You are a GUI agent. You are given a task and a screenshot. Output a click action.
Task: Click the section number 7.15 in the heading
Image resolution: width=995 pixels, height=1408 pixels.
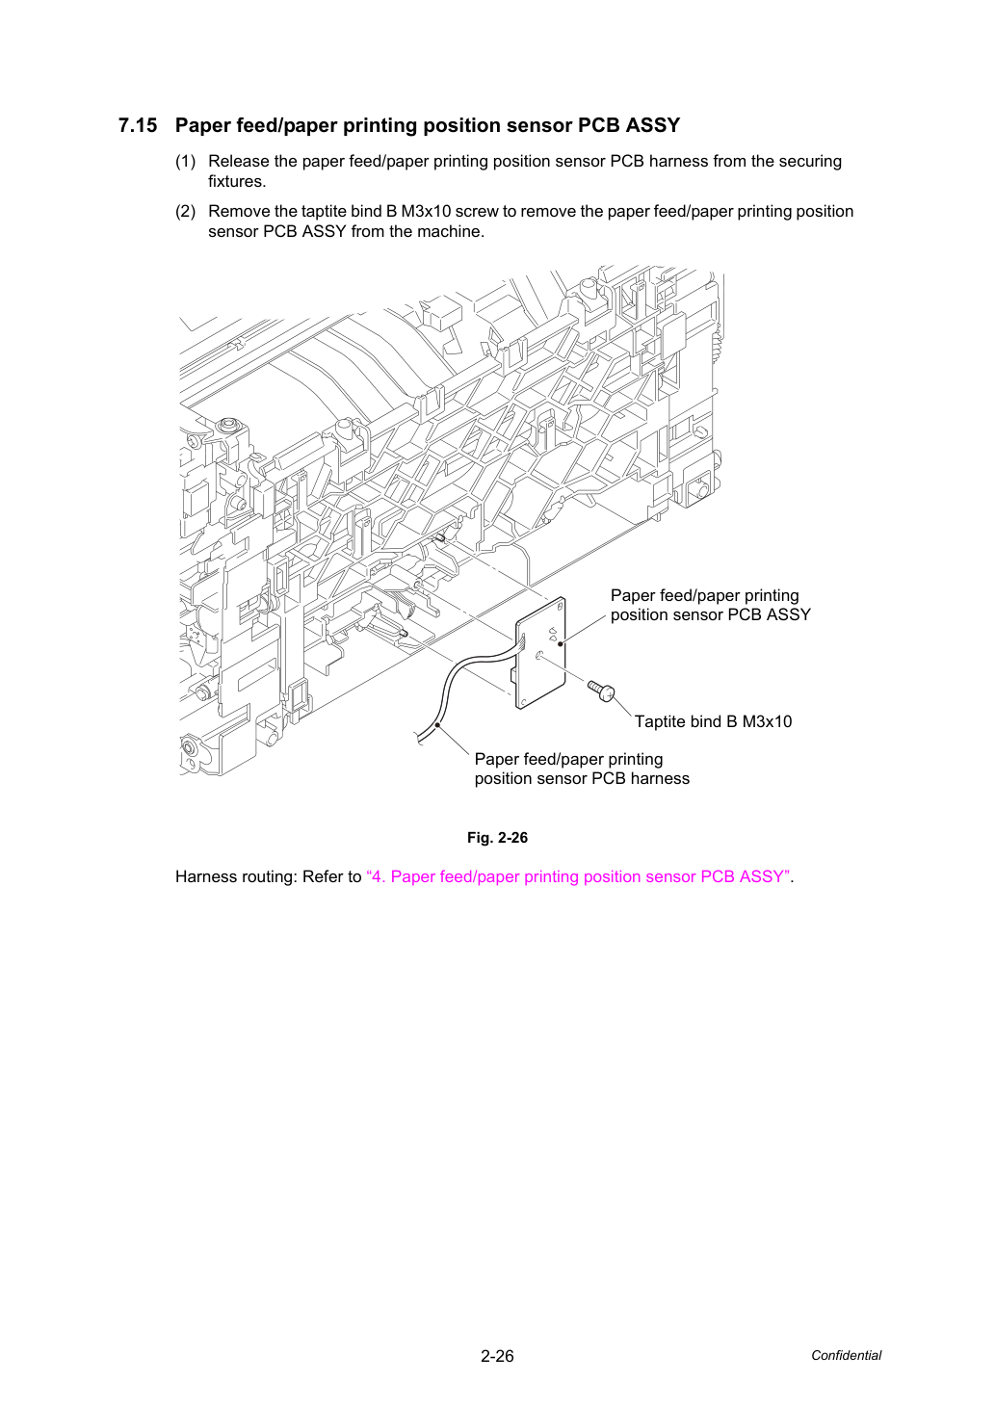pyautogui.click(x=138, y=125)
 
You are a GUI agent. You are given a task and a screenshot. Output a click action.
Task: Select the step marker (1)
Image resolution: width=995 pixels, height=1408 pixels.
pyautogui.click(x=186, y=162)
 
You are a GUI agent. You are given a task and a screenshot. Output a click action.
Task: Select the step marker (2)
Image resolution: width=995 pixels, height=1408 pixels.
pyautogui.click(x=186, y=211)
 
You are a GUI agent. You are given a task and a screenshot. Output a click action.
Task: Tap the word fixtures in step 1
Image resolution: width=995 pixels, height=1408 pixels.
pyautogui.click(x=237, y=182)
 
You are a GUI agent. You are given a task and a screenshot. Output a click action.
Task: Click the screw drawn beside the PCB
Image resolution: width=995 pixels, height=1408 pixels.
pyautogui.click(x=601, y=691)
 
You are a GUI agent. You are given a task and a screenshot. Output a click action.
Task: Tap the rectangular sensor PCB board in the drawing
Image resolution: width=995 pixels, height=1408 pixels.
pyautogui.click(x=540, y=654)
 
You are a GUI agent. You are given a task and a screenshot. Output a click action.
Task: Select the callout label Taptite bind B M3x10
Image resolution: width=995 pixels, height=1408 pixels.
pyautogui.click(x=713, y=721)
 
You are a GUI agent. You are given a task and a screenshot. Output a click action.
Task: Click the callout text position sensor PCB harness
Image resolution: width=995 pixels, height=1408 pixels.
pyautogui.click(x=582, y=779)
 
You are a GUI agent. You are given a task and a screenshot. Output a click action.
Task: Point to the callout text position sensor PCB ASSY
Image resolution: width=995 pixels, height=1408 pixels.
pyautogui.click(x=710, y=614)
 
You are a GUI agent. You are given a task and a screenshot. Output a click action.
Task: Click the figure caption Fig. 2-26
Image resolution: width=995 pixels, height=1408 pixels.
pyautogui.click(x=497, y=838)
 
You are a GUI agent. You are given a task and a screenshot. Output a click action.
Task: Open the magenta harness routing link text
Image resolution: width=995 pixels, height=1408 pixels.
pyautogui.click(x=578, y=876)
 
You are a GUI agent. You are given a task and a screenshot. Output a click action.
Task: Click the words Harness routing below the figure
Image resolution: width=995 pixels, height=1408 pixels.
pyautogui.click(x=236, y=876)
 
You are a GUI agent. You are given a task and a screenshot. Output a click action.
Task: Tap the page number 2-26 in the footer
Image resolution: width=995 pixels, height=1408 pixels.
pyautogui.click(x=497, y=1356)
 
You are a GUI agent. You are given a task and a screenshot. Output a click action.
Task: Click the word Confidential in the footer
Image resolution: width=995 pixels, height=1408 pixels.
pyautogui.click(x=846, y=1356)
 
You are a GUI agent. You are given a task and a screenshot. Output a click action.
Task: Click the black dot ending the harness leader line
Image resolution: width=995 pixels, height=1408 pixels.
pyautogui.click(x=438, y=726)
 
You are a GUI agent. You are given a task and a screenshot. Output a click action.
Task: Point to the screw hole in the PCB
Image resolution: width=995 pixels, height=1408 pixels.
pyautogui.click(x=539, y=656)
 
